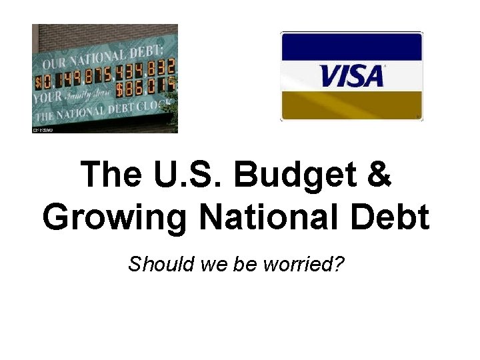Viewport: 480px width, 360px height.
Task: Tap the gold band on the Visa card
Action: pos(352,105)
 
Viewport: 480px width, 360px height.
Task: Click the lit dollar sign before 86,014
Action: pos(120,87)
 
